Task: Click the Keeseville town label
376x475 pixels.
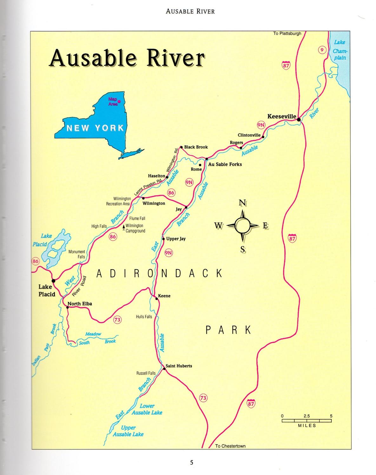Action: point(281,116)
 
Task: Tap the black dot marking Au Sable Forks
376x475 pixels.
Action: point(207,159)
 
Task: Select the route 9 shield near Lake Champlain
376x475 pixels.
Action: point(322,50)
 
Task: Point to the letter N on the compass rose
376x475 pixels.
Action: point(242,203)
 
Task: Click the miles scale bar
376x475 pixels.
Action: point(307,421)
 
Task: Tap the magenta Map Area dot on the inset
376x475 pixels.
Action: point(119,101)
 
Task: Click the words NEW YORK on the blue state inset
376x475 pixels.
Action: point(95,128)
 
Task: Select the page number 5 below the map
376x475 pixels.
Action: point(191,462)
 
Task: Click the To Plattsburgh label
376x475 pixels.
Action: point(287,34)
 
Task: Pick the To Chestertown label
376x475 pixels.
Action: point(230,446)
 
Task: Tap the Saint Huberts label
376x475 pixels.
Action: point(179,366)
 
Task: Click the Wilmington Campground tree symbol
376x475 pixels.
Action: point(123,227)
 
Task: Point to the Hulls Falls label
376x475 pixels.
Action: point(144,317)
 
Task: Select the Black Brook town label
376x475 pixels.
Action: point(196,147)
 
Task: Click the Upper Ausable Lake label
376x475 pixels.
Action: point(128,431)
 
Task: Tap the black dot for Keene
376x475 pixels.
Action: point(156,298)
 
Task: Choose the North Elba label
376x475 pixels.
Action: point(80,304)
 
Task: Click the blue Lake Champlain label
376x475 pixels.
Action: point(339,50)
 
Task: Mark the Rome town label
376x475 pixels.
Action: point(196,169)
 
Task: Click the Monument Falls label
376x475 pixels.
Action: point(77,254)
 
